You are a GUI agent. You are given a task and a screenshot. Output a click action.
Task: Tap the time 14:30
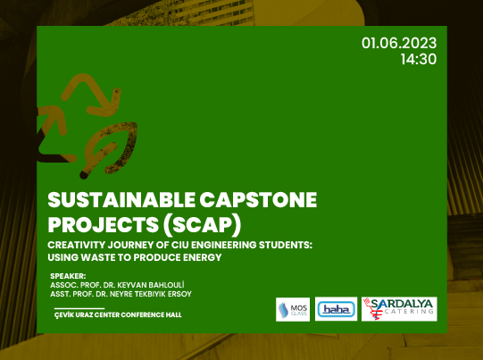(419, 59)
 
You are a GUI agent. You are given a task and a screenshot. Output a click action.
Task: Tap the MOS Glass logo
(292, 308)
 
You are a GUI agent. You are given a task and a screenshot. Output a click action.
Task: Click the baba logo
(336, 309)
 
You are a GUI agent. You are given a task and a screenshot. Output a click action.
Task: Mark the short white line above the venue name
(72, 307)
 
